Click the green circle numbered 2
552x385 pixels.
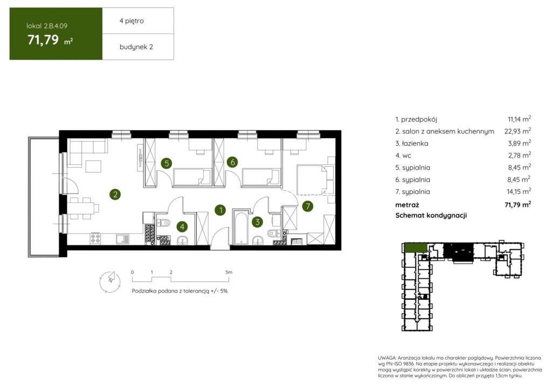(x=115, y=194)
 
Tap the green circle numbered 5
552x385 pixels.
(x=167, y=163)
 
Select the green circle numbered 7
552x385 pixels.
(x=308, y=206)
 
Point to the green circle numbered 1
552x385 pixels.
(x=220, y=210)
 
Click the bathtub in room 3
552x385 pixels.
(x=241, y=228)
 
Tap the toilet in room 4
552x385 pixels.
(x=164, y=223)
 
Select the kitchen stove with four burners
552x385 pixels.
(x=95, y=238)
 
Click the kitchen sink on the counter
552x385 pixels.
(x=122, y=239)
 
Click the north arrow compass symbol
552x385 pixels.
(x=110, y=281)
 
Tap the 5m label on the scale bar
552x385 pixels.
(x=229, y=272)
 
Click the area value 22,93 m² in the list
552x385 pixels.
(x=517, y=131)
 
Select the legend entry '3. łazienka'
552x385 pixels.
(x=411, y=143)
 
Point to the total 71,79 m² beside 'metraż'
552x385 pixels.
(x=517, y=204)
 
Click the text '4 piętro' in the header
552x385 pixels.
(x=132, y=21)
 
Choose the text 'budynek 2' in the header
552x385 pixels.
(x=136, y=47)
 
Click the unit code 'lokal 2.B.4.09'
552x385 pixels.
(x=47, y=26)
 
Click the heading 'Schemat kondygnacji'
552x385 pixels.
(x=431, y=216)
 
